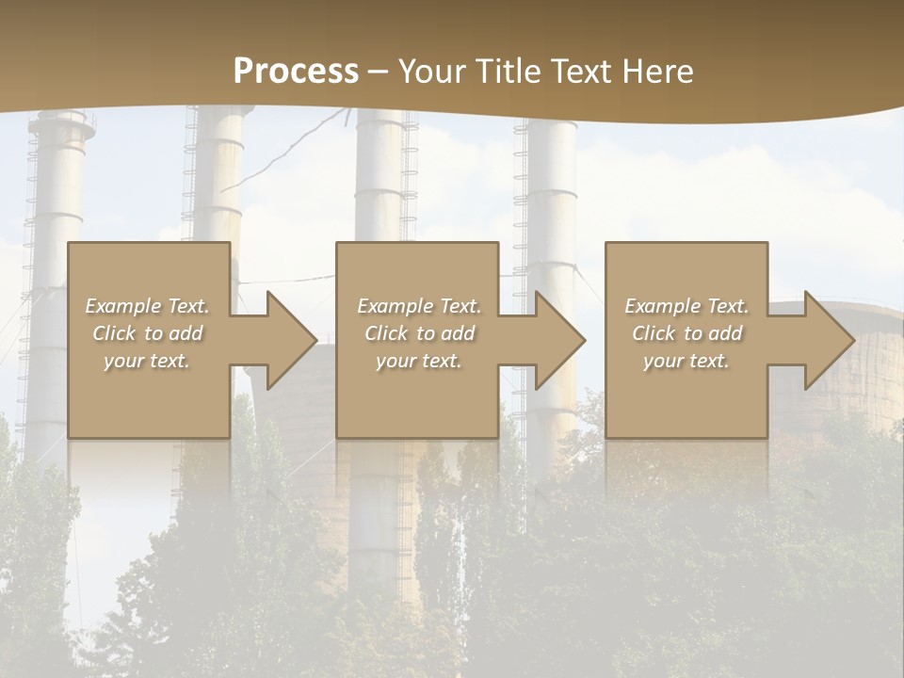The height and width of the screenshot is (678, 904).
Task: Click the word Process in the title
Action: tap(296, 72)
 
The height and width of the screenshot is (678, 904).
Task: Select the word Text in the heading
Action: tap(580, 72)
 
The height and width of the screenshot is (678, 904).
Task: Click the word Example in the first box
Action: tap(122, 306)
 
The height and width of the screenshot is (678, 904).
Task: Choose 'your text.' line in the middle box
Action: tap(418, 361)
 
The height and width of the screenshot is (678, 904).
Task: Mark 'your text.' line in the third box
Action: tap(686, 361)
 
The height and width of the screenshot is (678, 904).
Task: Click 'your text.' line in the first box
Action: tap(146, 361)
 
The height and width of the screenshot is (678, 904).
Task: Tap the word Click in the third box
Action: tap(654, 333)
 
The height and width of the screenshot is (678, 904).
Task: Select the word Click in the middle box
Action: tap(387, 333)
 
